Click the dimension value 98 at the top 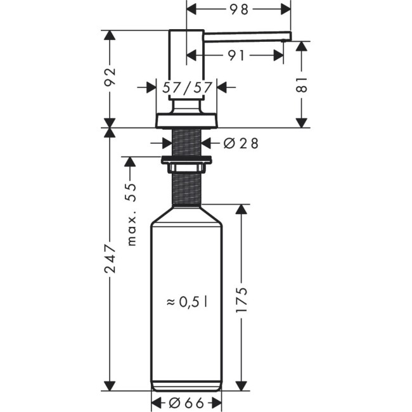coord(238,10)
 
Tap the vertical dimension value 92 coord(111,78)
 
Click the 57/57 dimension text coord(186,87)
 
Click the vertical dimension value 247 coord(111,259)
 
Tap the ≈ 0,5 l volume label coord(188,302)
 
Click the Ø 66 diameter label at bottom coord(186,402)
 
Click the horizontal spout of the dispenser coord(247,37)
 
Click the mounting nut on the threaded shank coord(186,164)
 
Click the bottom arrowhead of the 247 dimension coord(111,385)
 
